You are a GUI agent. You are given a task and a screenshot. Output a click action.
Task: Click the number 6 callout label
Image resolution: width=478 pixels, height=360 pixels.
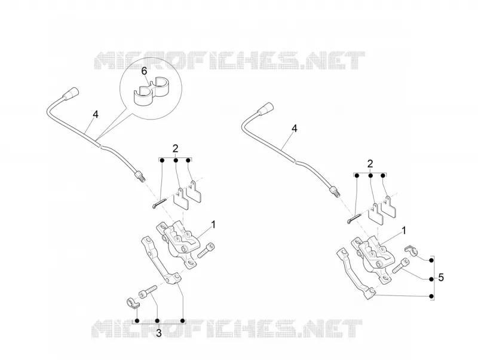[144, 71]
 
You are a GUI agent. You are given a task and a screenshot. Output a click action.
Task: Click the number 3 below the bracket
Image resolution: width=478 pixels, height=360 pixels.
[158, 333]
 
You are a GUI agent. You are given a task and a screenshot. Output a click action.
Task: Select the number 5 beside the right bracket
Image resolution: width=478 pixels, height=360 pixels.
[440, 277]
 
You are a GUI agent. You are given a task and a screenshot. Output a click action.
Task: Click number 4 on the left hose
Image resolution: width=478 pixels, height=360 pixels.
[96, 114]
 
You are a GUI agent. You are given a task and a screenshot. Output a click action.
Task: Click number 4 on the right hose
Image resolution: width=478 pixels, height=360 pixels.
[294, 129]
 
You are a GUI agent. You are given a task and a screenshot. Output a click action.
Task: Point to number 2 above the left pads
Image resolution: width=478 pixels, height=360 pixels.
[175, 148]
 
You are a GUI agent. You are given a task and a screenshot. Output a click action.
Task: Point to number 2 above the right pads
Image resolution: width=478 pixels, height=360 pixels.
[370, 163]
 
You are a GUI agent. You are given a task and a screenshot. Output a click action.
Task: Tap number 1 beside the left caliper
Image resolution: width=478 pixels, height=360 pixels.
[213, 224]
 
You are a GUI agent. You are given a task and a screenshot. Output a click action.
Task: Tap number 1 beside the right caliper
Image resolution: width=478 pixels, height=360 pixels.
[405, 231]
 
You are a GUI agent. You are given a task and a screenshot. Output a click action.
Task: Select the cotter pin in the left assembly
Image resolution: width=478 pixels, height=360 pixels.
[159, 203]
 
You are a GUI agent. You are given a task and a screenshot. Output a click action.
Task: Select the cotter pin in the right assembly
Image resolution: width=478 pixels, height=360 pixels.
[354, 219]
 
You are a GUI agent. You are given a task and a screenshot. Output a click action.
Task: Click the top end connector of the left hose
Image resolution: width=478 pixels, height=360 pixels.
[71, 92]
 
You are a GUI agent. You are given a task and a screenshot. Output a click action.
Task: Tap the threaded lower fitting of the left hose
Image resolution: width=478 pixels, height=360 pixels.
[140, 176]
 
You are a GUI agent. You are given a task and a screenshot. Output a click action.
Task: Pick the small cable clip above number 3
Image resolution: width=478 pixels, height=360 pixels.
[133, 304]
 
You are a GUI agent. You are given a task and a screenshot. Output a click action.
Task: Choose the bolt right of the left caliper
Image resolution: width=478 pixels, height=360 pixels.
[206, 250]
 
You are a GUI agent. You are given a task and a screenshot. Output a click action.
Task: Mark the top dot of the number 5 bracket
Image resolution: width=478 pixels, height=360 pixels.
[431, 260]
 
